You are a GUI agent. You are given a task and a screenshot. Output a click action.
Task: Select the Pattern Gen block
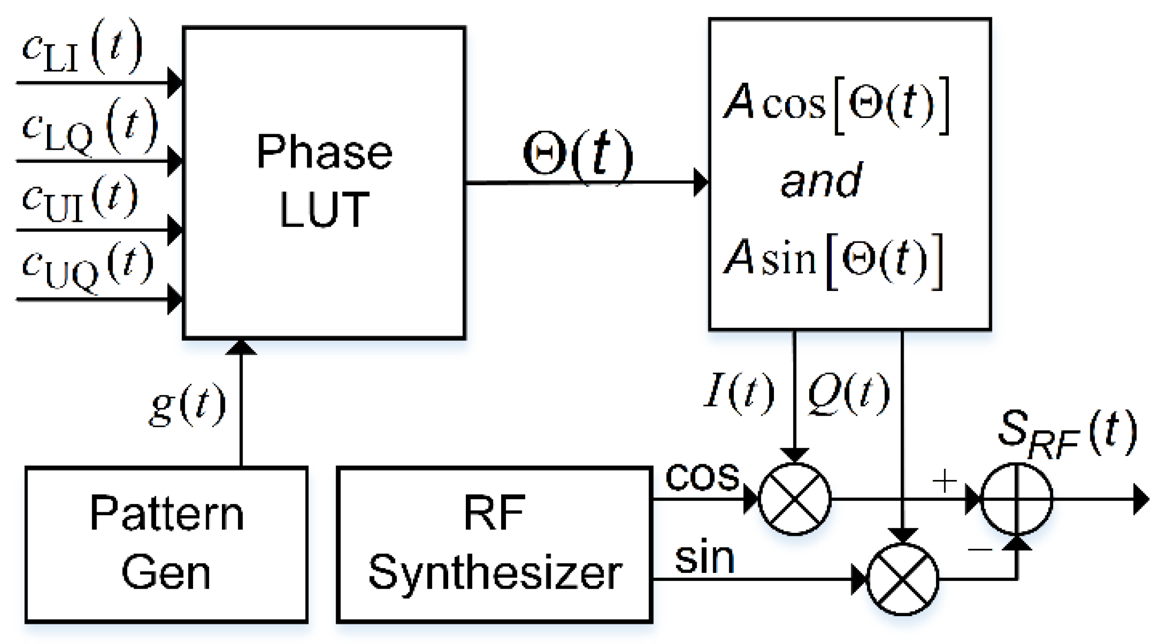[x=167, y=544]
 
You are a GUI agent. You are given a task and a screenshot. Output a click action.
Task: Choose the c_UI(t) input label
[x=81, y=198]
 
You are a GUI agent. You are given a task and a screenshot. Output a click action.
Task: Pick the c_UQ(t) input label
[x=88, y=267]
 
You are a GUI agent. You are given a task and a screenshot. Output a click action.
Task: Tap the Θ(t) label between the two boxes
[x=578, y=154]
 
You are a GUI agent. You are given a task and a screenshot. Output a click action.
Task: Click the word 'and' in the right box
[x=821, y=181]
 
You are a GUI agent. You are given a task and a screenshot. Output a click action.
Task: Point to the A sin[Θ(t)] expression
[x=833, y=260]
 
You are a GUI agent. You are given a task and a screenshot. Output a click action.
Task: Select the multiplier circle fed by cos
[x=794, y=499]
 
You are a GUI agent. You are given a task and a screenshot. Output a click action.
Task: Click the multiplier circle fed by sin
[x=902, y=579]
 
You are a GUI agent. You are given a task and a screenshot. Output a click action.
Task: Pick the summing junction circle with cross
[x=1017, y=499]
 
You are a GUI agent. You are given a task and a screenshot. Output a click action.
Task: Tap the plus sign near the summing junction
[x=944, y=481]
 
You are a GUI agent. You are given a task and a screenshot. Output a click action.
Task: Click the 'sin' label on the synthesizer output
[x=704, y=558]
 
